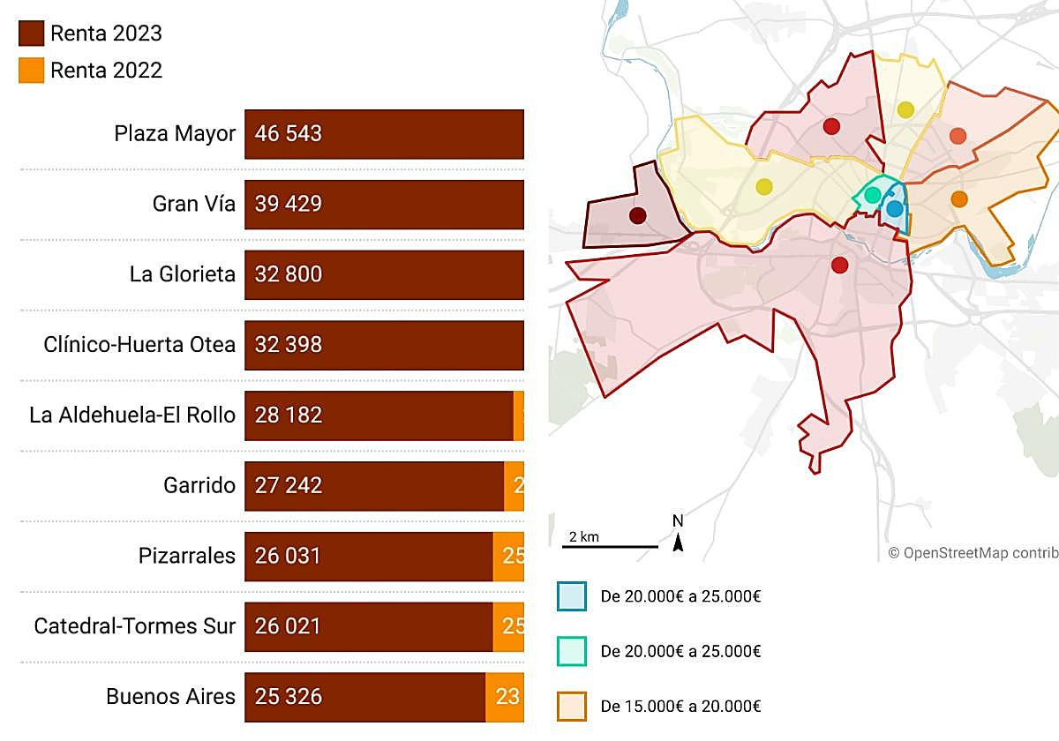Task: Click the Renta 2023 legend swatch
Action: click(x=31, y=34)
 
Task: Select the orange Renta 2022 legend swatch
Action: click(x=31, y=71)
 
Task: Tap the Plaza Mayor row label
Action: click(x=175, y=134)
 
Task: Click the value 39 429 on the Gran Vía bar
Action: click(x=289, y=205)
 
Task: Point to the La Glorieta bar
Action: click(x=384, y=274)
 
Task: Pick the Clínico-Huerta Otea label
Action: click(x=139, y=345)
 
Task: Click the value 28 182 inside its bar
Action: click(x=289, y=415)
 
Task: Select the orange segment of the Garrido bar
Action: click(x=514, y=486)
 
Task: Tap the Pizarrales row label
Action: click(x=187, y=557)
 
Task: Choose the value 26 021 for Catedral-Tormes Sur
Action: click(x=289, y=627)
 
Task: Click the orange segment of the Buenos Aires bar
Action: click(x=506, y=697)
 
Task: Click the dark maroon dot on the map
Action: click(x=637, y=215)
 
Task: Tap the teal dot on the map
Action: click(x=873, y=195)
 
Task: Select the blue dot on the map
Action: click(x=895, y=209)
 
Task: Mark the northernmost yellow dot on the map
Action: click(x=905, y=110)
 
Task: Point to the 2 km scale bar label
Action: click(x=583, y=537)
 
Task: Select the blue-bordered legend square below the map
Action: click(x=572, y=597)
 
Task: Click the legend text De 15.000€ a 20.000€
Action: click(x=680, y=707)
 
